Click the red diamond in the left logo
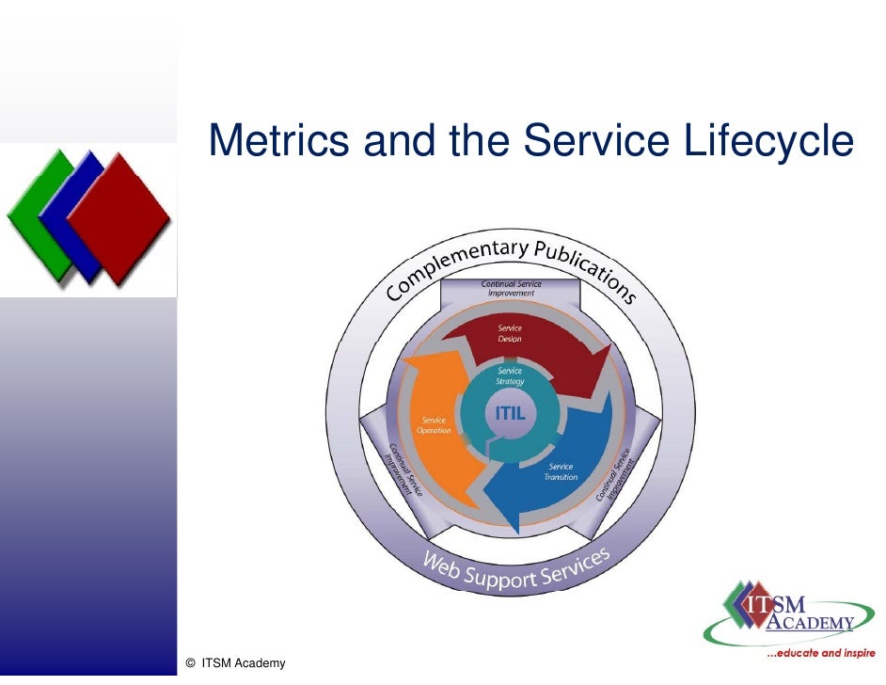[119, 218]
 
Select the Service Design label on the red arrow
[510, 333]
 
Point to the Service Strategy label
[510, 376]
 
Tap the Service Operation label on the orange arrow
[435, 425]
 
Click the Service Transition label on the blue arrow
[562, 471]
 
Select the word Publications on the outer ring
[585, 266]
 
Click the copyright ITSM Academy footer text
[236, 663]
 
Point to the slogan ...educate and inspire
[820, 652]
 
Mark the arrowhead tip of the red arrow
[600, 363]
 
